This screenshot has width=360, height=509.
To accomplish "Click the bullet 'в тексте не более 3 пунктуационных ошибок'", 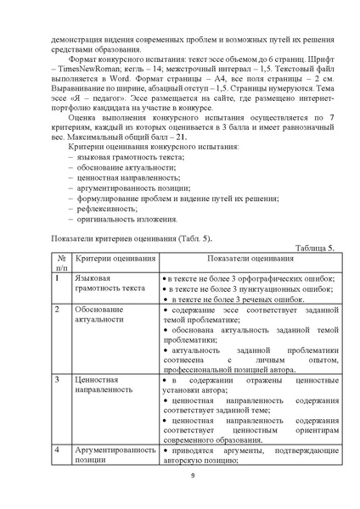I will click(249, 288).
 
